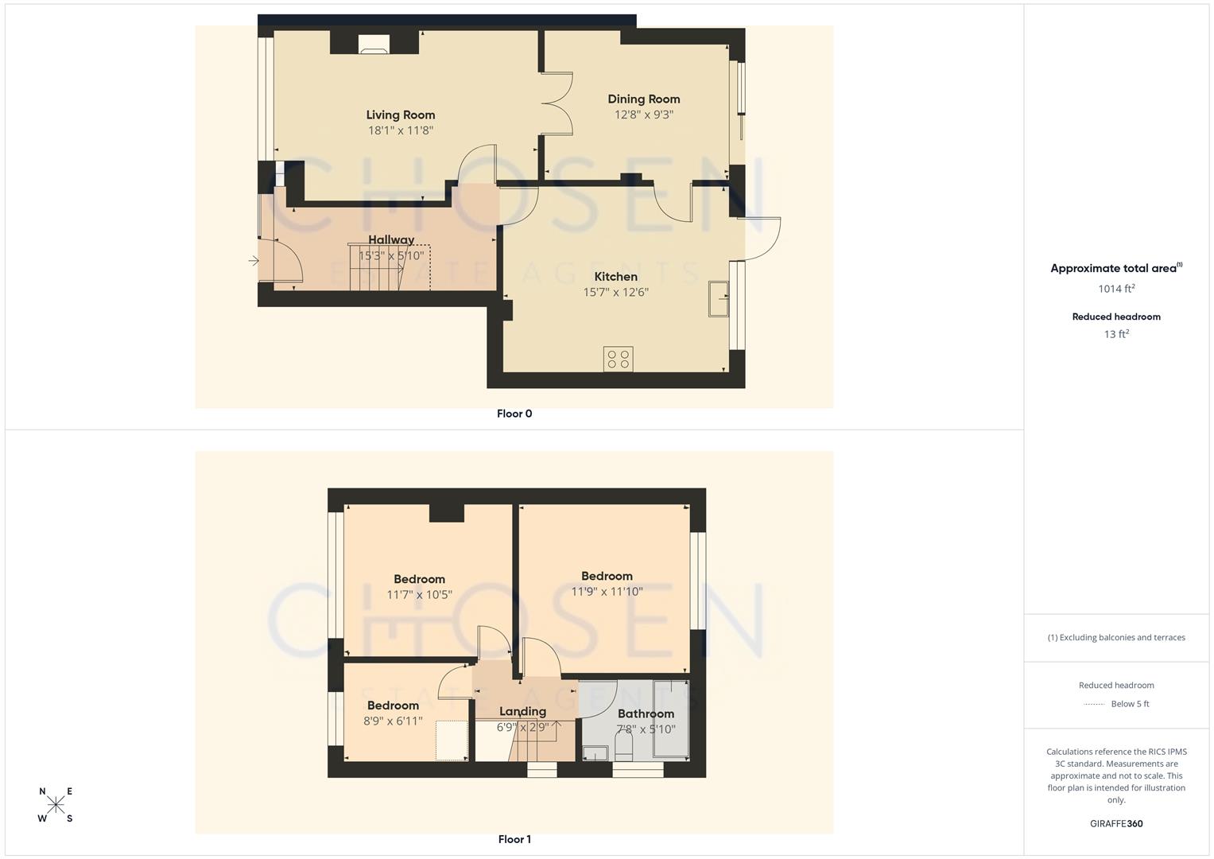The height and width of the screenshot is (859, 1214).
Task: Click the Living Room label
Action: click(x=400, y=115)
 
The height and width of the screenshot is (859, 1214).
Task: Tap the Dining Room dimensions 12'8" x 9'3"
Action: click(x=643, y=115)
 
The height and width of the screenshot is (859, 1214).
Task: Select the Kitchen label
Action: click(x=615, y=277)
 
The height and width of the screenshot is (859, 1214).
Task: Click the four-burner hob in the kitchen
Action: click(x=618, y=359)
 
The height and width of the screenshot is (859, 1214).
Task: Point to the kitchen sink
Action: click(x=719, y=299)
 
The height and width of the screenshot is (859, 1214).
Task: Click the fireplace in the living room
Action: click(x=373, y=45)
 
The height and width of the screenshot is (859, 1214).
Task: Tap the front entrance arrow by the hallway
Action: click(x=254, y=260)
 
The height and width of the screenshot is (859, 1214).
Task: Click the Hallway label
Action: click(x=390, y=239)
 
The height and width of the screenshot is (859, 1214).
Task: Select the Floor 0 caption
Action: click(x=514, y=414)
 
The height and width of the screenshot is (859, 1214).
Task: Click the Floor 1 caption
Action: click(x=514, y=839)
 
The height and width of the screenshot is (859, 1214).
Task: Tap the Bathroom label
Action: click(x=645, y=713)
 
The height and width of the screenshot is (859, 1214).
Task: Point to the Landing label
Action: click(x=522, y=711)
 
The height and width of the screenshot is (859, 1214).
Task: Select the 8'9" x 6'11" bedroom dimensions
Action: click(x=393, y=721)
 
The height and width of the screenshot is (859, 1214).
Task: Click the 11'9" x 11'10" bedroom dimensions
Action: click(x=607, y=592)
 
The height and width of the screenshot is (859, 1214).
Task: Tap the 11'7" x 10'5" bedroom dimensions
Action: click(x=419, y=595)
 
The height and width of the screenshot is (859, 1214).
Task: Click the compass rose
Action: click(x=56, y=805)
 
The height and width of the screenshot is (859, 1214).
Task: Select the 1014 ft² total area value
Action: click(x=1115, y=289)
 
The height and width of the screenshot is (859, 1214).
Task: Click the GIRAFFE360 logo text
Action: click(x=1115, y=824)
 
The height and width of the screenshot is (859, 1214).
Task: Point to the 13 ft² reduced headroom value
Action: click(x=1115, y=334)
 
